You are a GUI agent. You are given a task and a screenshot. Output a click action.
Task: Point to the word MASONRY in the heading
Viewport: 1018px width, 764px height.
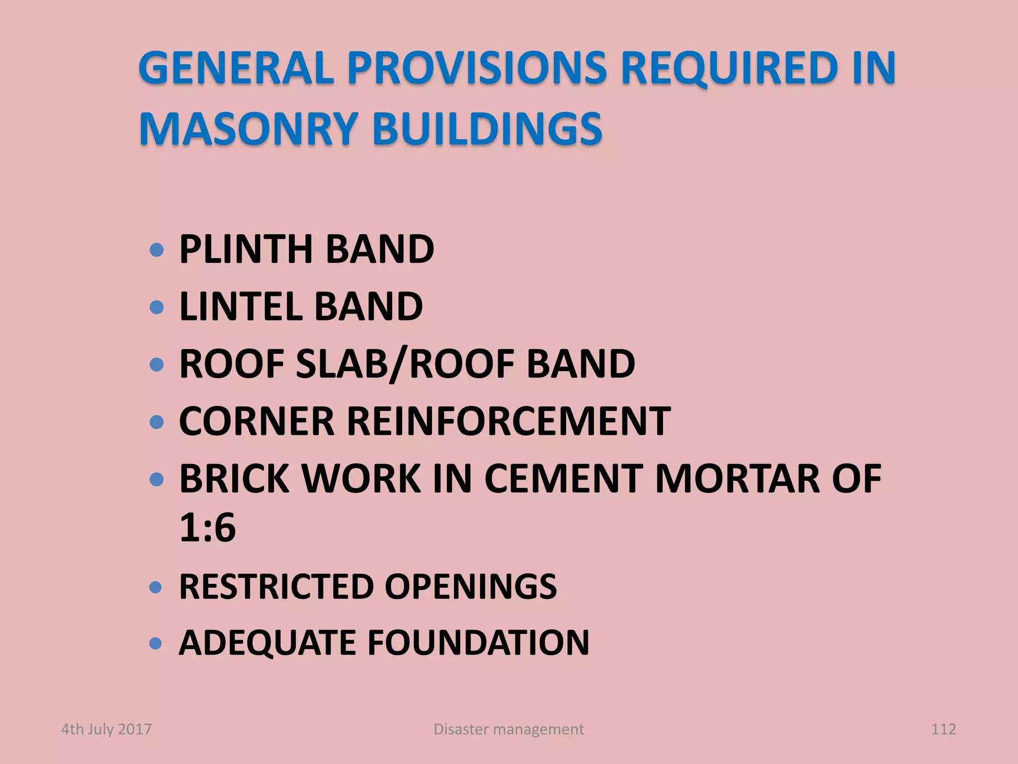pyautogui.click(x=249, y=128)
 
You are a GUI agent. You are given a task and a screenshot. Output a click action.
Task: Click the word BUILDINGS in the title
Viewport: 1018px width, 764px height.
pyautogui.click(x=487, y=128)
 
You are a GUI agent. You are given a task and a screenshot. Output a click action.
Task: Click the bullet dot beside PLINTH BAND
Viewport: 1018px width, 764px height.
pyautogui.click(x=157, y=250)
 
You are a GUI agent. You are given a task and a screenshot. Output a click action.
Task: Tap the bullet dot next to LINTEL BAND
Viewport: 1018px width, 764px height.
pyautogui.click(x=157, y=307)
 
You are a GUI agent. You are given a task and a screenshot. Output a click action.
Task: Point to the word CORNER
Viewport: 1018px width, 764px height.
pyautogui.click(x=256, y=421)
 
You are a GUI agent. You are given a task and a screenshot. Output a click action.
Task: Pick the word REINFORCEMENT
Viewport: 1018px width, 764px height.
pyautogui.click(x=509, y=421)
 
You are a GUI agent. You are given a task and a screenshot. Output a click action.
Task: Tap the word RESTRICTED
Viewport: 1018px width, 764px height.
pyautogui.click(x=276, y=586)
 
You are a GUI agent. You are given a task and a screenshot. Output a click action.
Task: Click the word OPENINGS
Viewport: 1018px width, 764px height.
pyautogui.click(x=470, y=586)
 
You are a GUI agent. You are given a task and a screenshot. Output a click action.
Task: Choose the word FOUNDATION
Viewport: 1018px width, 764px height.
pyautogui.click(x=478, y=643)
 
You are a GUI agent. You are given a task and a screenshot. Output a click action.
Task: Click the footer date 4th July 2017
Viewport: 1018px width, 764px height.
pyautogui.click(x=106, y=729)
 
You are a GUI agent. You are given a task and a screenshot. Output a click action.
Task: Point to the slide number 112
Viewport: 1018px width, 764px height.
pyautogui.click(x=943, y=729)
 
